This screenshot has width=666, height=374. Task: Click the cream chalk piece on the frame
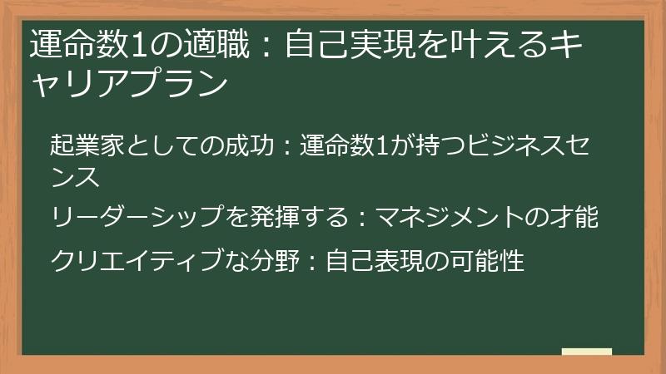click(586, 352)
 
